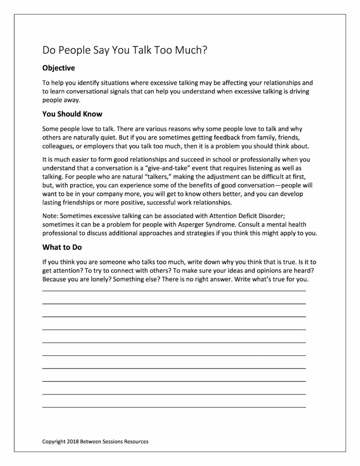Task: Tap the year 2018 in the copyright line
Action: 73,441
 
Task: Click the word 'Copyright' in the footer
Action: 53,441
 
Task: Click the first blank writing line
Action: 174,290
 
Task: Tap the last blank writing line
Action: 174,406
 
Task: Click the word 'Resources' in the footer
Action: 135,441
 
